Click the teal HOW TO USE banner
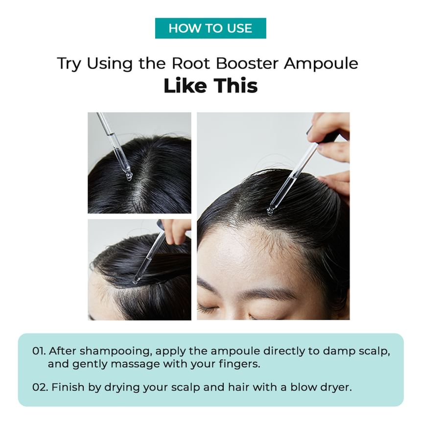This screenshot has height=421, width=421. coord(210,28)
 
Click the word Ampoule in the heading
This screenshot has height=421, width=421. coord(321,64)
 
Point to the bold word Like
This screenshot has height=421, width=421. coord(185,86)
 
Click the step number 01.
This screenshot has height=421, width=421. coord(39,351)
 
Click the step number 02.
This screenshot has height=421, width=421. coord(40,387)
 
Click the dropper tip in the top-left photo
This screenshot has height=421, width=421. coord(129,177)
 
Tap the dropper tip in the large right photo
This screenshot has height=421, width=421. coord(270,211)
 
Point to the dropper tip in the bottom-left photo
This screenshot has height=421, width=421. coord(135,281)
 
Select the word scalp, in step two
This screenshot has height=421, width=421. coord(186,388)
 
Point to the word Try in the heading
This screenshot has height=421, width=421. coord(69,64)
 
